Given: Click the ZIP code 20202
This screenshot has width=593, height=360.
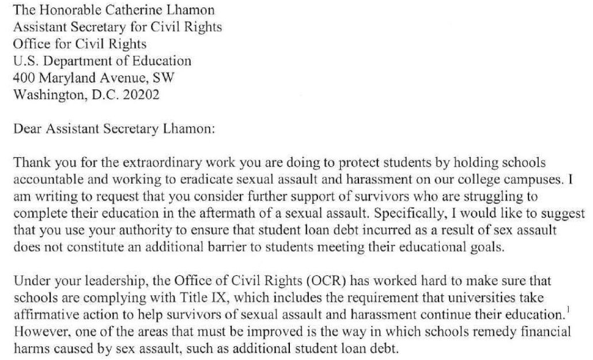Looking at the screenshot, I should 141,94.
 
